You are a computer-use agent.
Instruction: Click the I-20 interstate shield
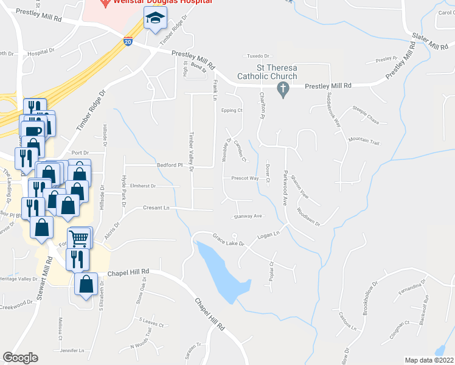pos(128,41)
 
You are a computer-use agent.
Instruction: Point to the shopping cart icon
pos(80,237)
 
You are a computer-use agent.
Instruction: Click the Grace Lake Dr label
pos(228,239)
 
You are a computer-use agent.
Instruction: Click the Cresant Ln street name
pos(156,207)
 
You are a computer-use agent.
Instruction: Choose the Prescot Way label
pos(245,179)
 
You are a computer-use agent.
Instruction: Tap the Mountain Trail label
pos(364,142)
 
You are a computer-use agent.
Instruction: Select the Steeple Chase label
pos(366,115)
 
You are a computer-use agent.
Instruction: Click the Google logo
pos(21,358)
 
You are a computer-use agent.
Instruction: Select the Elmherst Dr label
pos(143,186)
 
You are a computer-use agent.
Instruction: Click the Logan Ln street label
pos(268,234)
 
